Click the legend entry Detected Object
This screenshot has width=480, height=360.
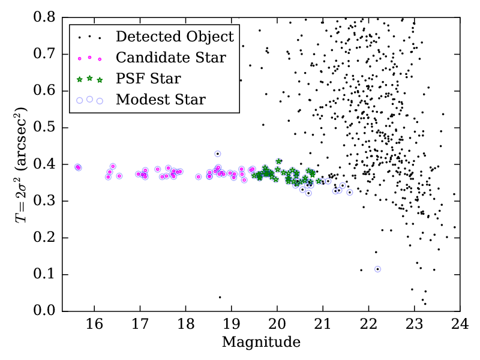pos(175,37)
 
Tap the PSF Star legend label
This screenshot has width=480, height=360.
pos(148,79)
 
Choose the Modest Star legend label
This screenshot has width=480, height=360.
pos(161,100)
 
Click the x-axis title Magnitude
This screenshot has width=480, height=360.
pos(261,343)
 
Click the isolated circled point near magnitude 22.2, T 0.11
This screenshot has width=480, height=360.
pos(377,269)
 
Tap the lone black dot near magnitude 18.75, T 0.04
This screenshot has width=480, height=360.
pos(220,297)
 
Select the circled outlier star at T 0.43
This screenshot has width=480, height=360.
pos(218,154)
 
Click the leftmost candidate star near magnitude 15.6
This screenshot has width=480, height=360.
pos(77,167)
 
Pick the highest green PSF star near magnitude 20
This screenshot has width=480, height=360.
pos(279,161)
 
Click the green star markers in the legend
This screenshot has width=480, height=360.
pos(89,79)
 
